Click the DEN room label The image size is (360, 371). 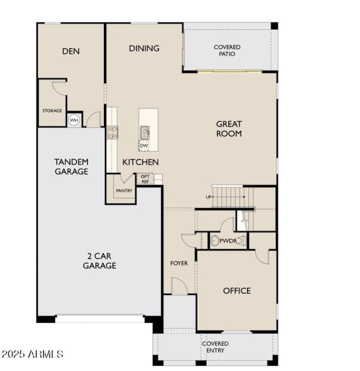71,51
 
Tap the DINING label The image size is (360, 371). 144,48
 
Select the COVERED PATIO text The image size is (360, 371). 227,50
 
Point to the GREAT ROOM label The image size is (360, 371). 229,129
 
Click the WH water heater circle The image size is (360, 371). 73,120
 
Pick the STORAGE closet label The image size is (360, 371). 52,111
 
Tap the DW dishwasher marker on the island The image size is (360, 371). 144,145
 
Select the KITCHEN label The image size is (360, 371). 140,161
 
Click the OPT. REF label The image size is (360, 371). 145,179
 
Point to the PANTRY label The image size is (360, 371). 124,191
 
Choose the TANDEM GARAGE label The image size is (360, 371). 71,166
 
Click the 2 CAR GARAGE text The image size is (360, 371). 99,261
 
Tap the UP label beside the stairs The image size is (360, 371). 208,197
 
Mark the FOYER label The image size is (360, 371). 179,263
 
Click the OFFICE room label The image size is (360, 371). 237,291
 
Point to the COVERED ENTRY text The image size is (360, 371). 215,347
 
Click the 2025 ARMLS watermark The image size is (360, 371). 32,354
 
